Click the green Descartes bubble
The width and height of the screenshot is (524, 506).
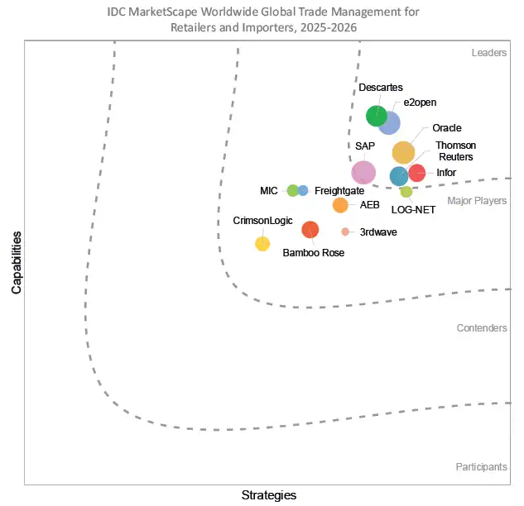[x=377, y=116]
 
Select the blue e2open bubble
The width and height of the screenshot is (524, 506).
[x=390, y=123]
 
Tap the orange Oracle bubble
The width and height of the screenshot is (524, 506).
[x=403, y=152]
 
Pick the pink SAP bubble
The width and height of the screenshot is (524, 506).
[x=363, y=172]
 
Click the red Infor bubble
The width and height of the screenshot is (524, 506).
[x=417, y=173]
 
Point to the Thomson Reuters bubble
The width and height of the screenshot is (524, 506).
[x=399, y=175]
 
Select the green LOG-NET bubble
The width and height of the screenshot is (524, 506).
[x=406, y=192]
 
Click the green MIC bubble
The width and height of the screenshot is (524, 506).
[x=292, y=190]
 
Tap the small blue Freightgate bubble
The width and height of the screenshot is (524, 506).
[x=303, y=190]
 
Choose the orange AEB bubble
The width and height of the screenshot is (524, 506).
[x=340, y=205]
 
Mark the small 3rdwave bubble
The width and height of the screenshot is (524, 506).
[x=345, y=232]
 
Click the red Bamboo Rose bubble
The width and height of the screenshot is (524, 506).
[x=310, y=230]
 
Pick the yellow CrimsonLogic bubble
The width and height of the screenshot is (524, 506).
[x=262, y=243]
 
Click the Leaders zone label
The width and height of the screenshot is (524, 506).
[x=489, y=53]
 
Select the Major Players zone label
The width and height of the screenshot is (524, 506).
[x=478, y=201]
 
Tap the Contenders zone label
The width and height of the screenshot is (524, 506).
[x=482, y=328]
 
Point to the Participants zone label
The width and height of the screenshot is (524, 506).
[x=482, y=467]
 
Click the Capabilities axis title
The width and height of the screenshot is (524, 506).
[x=17, y=263]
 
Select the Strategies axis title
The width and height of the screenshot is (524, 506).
[x=268, y=495]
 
